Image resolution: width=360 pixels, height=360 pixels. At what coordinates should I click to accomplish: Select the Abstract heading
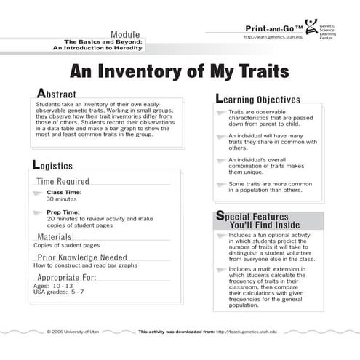pos(59,95)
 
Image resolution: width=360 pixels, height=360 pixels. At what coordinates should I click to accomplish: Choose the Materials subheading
pos(55,236)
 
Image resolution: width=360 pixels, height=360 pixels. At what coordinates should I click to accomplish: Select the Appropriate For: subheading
pos(66,277)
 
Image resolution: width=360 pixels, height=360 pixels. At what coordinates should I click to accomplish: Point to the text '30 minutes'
pos(62,198)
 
